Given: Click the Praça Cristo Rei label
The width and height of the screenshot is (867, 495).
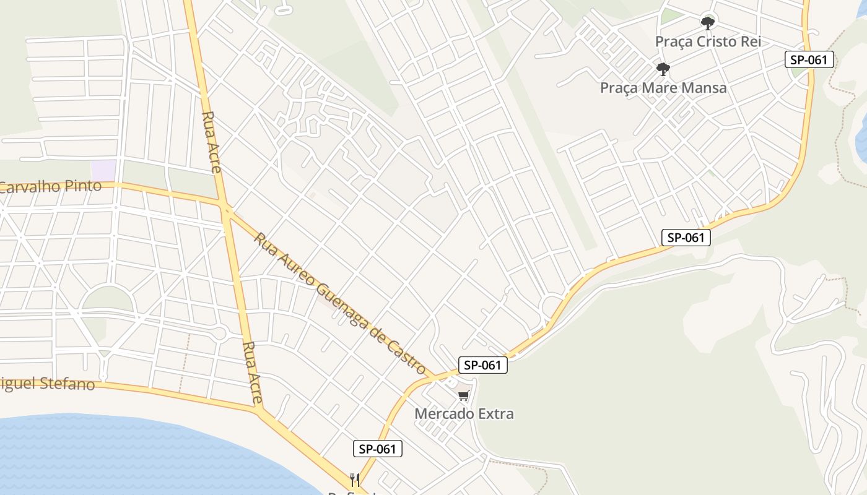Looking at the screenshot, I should [708, 41].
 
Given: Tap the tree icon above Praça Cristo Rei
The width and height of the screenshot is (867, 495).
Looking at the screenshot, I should [708, 24].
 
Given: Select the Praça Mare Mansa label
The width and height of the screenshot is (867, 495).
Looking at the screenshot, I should [663, 88].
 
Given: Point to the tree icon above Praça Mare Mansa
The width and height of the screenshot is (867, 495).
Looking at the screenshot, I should [663, 68].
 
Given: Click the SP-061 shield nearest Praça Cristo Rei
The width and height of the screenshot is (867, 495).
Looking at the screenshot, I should [809, 59].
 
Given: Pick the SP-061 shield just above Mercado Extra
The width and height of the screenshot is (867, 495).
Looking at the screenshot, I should [482, 365].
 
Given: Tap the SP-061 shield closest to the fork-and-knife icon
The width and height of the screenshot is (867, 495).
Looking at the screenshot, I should [377, 449].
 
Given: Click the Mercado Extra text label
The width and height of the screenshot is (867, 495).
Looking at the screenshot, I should [464, 413].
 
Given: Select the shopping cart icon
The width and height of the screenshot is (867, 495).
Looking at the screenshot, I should [464, 395].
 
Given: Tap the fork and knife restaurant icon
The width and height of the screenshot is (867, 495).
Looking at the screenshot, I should [355, 480].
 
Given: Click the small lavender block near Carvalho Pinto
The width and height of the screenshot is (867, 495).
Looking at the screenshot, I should [103, 170].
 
